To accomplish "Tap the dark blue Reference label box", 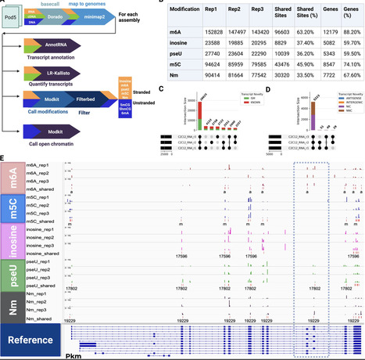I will pos(31,338).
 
